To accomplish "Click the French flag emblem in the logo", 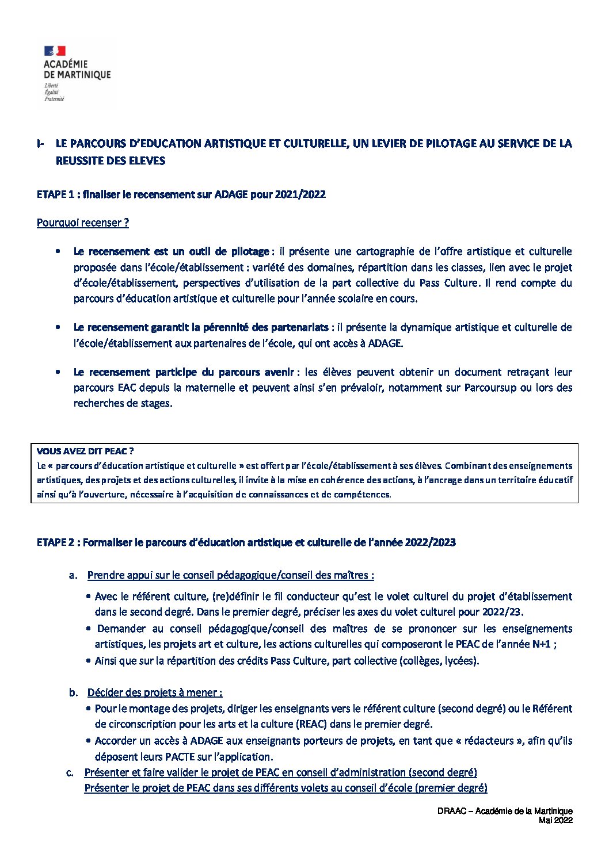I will [55, 51].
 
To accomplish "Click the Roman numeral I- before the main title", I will [40, 144].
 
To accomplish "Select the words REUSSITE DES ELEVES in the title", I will [110, 161].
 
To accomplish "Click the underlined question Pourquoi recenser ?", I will [82, 223].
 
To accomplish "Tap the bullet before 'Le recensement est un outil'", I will [58, 251].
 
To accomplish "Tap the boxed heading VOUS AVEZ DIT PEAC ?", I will [85, 451].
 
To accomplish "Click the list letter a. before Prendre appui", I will [73, 575].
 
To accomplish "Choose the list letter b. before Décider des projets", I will [73, 692].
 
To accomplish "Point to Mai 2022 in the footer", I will [555, 820].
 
